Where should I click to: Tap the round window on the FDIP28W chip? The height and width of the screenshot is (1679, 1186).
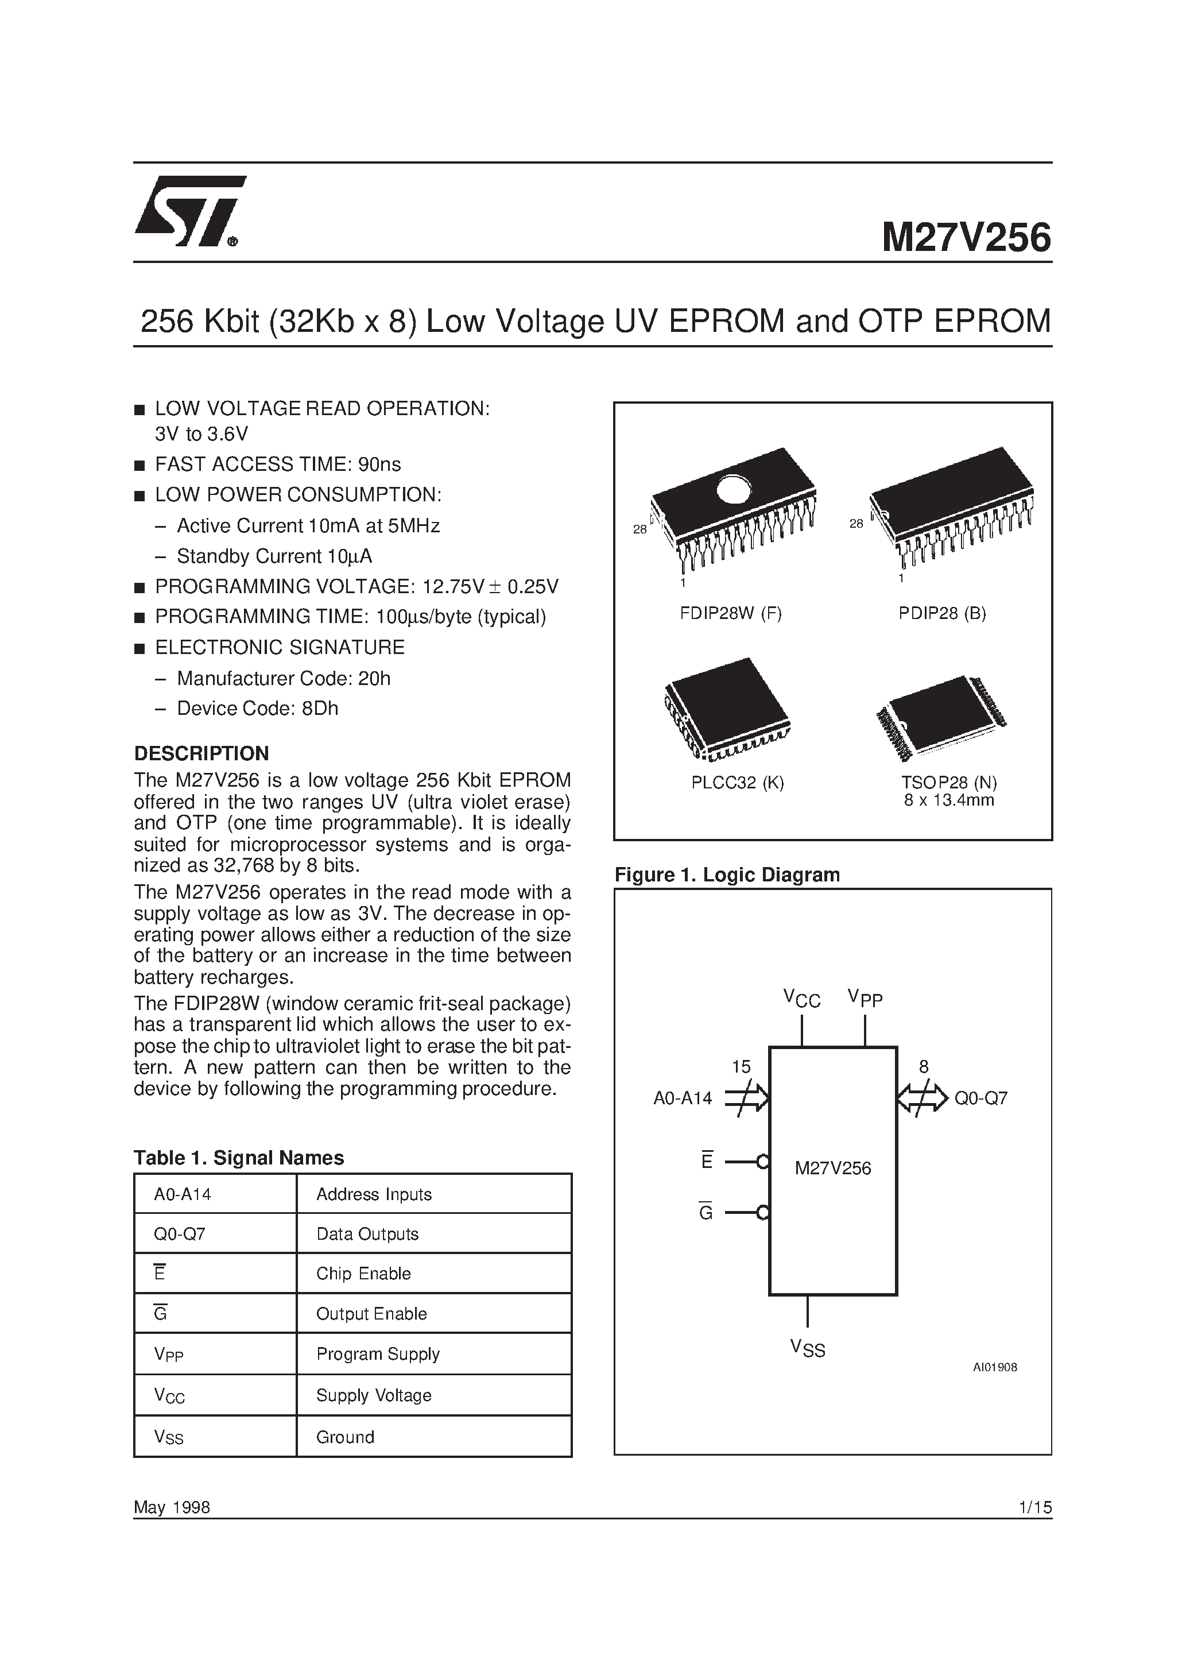click(x=734, y=489)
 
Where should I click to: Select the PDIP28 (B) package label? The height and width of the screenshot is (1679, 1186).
click(x=943, y=613)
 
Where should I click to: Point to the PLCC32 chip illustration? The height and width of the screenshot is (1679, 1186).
click(x=727, y=708)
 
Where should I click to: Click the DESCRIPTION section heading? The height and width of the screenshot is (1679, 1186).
click(x=201, y=753)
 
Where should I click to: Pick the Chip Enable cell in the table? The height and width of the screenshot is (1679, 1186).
click(x=363, y=1273)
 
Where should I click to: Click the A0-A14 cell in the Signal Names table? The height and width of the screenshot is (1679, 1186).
click(x=182, y=1194)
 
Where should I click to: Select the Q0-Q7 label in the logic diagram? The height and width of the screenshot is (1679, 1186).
click(x=980, y=1098)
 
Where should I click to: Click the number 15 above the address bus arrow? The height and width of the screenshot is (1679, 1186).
click(x=741, y=1067)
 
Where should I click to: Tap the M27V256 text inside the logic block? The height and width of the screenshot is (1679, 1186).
click(x=833, y=1168)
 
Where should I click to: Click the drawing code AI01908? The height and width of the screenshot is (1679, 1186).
click(x=994, y=1367)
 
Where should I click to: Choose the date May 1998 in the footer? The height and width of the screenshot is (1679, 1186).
click(x=172, y=1507)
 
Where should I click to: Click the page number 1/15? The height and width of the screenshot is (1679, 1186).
click(x=1034, y=1507)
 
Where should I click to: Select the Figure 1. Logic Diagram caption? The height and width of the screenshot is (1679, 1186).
click(x=727, y=875)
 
